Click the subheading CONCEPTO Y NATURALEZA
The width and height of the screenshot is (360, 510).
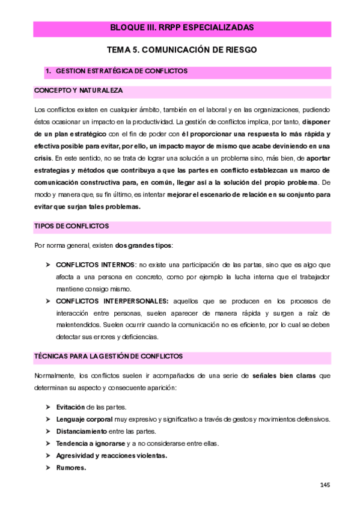click(78, 90)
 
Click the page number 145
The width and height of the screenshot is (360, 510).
click(325, 484)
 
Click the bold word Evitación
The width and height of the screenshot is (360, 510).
click(70, 407)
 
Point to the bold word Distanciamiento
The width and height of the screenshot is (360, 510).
click(81, 431)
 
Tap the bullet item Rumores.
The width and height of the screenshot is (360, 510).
click(71, 467)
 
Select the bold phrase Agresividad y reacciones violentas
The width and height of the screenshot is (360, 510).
click(111, 455)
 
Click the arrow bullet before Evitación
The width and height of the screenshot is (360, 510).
click(48, 407)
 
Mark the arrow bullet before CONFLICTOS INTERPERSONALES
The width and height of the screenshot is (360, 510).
click(48, 300)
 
